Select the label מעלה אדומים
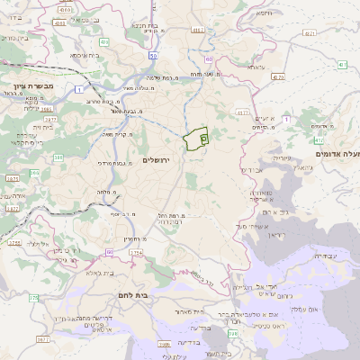click(x=337, y=155)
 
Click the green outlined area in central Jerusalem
click(x=194, y=139)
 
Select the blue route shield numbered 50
click(x=155, y=56)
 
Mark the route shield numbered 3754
click(x=135, y=254)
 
